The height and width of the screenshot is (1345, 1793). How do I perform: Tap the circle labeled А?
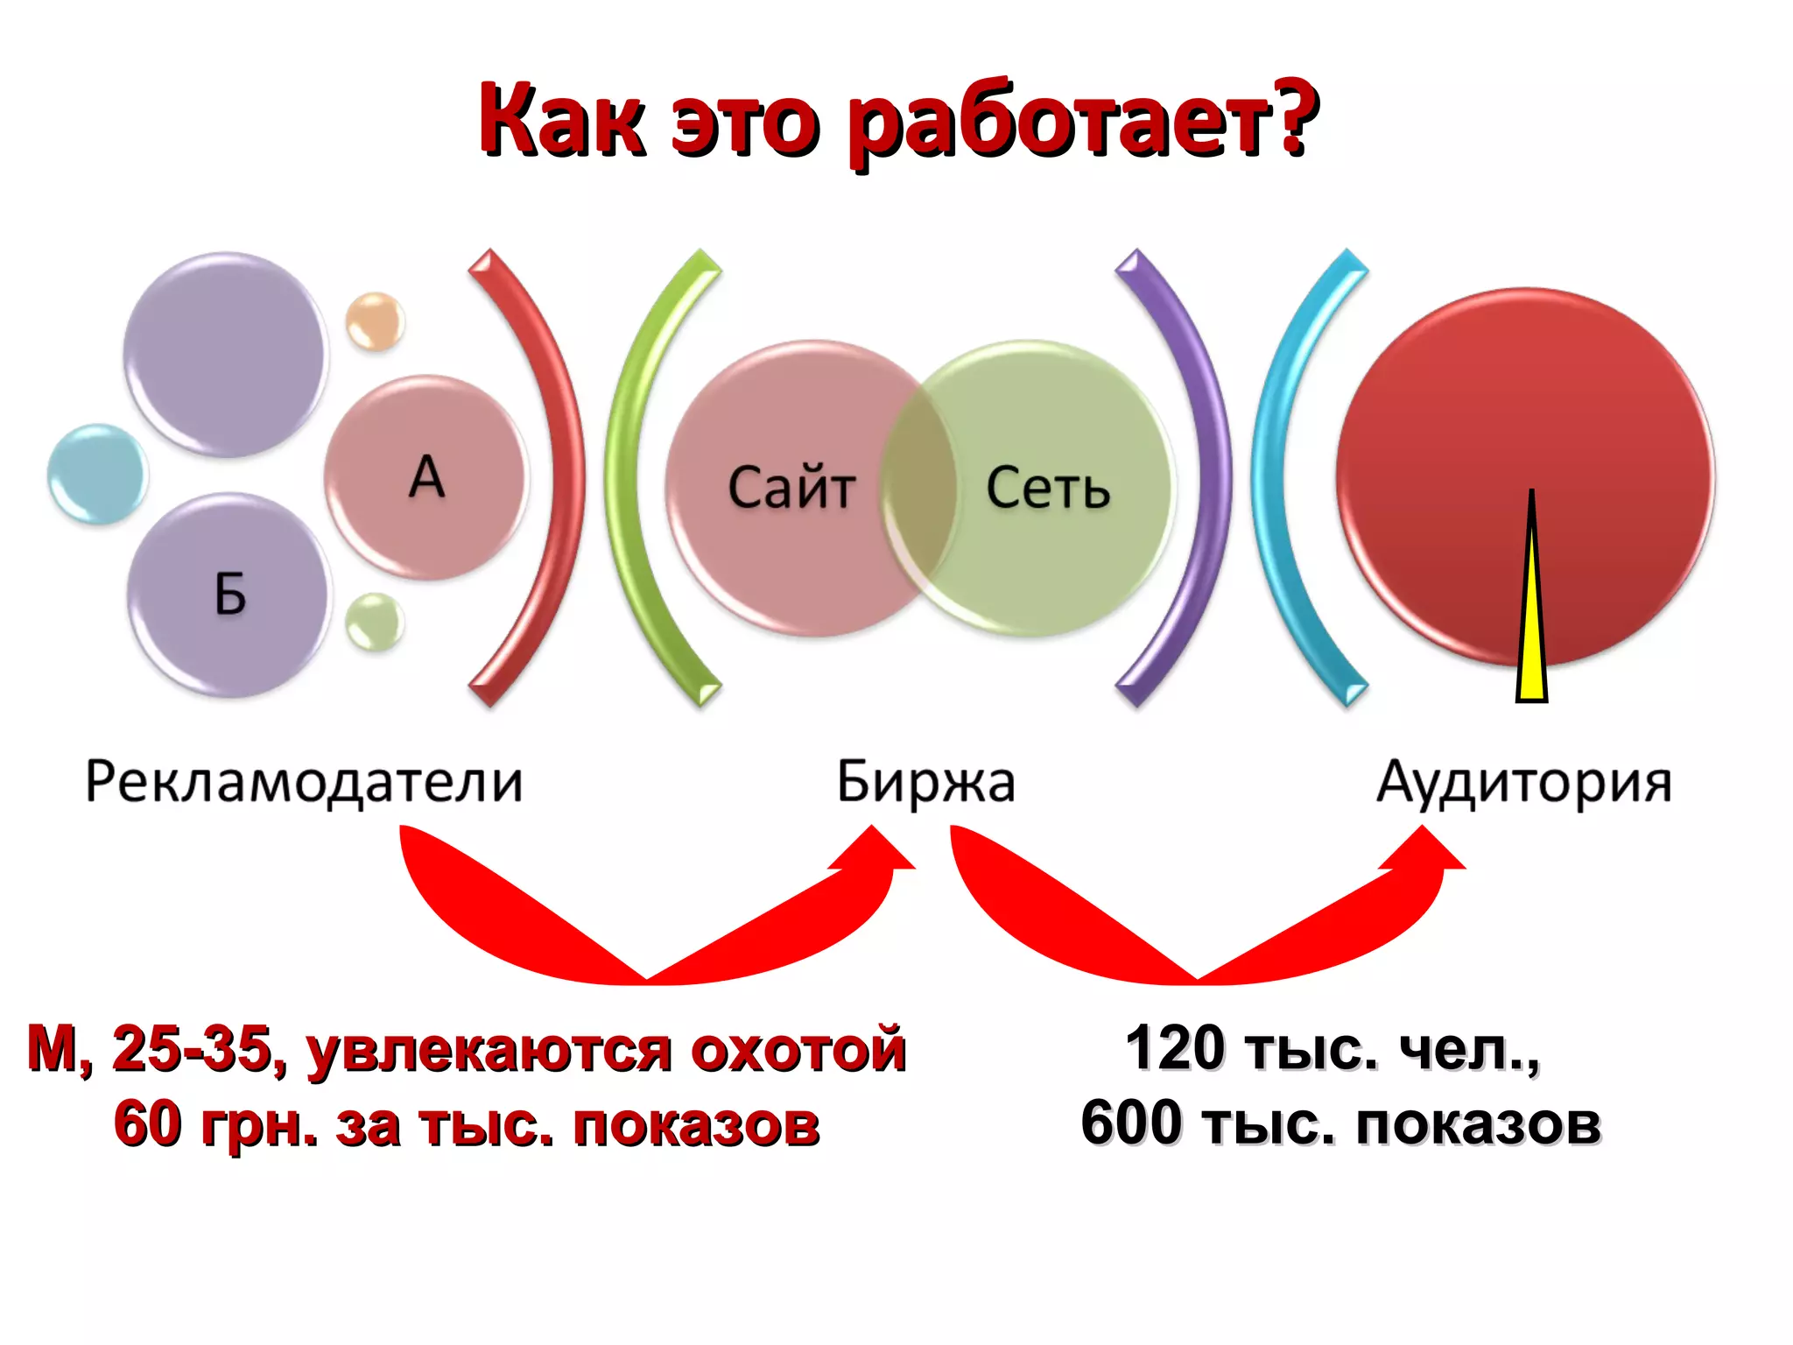(x=426, y=477)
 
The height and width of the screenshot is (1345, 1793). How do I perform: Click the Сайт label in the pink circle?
(x=791, y=488)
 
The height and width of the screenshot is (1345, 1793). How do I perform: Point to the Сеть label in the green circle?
(x=1048, y=488)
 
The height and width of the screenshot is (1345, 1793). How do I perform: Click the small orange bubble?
(x=375, y=321)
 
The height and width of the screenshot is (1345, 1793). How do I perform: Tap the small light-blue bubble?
(x=97, y=474)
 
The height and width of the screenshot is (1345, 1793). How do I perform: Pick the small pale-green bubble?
(x=375, y=622)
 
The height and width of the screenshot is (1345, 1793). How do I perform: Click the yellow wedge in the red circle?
(x=1531, y=630)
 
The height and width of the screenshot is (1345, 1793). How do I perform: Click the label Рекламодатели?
(x=304, y=781)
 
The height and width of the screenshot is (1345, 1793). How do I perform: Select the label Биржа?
(x=925, y=781)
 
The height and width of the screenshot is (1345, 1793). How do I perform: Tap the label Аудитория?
(x=1524, y=781)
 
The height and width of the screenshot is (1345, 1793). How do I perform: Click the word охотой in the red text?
(x=798, y=1049)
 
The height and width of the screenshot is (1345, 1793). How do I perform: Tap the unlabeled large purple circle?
(x=225, y=355)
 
